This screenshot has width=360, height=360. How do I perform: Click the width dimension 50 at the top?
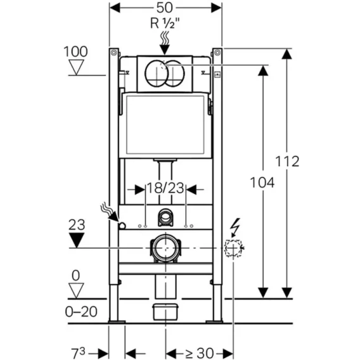coord(164,8)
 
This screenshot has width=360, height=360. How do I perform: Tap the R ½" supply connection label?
coord(165,23)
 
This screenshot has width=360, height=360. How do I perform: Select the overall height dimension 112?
coord(287,161)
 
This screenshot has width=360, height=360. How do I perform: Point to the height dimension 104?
coord(262,183)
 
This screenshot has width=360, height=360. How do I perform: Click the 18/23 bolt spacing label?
coord(165,188)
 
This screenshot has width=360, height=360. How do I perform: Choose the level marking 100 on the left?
coord(75,51)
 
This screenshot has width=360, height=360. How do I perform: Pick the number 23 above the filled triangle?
coord(77,225)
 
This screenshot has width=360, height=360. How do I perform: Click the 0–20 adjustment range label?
coord(81,312)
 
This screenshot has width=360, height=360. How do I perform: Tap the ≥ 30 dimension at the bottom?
coord(200,352)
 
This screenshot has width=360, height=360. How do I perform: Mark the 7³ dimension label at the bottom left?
coord(79,353)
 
